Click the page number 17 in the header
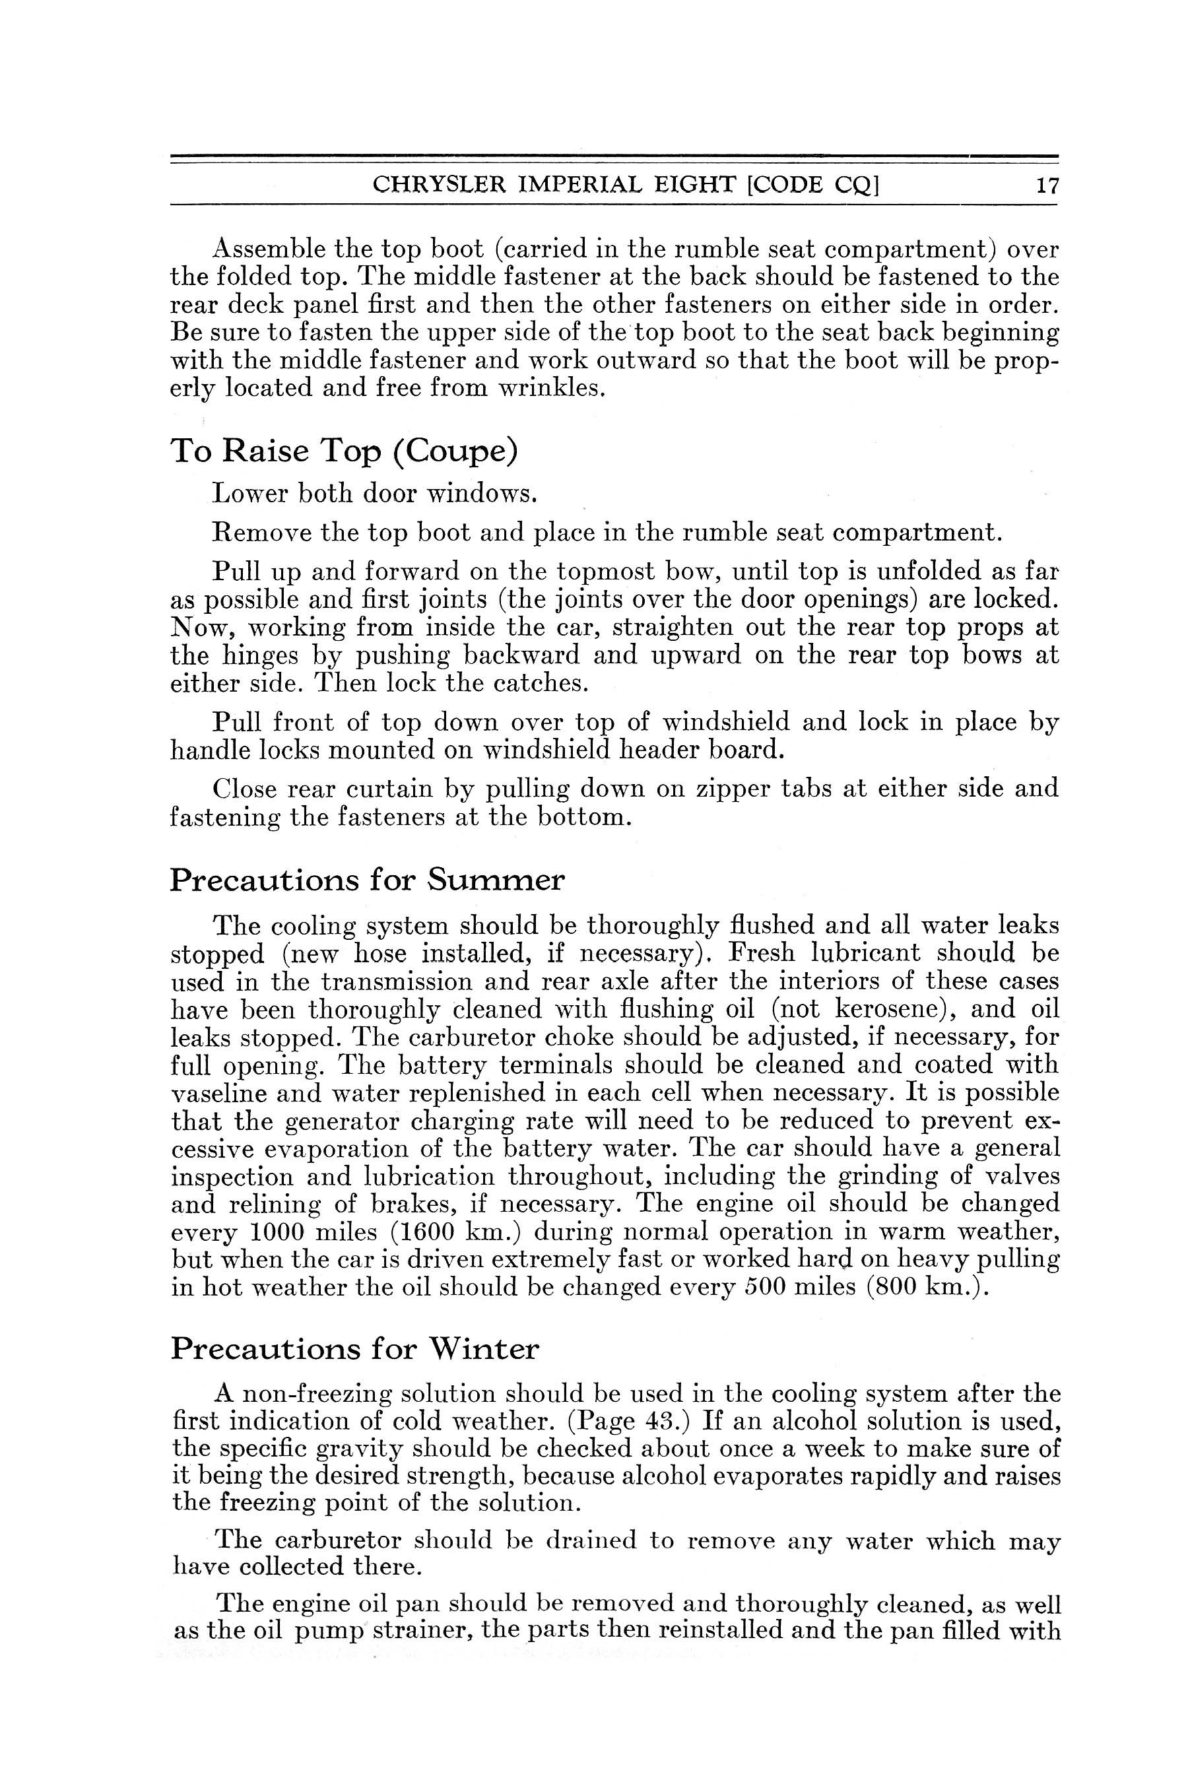tap(1046, 186)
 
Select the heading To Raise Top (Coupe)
tap(345, 452)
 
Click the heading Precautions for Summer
tap(368, 880)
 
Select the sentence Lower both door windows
tap(375, 494)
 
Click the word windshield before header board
tap(547, 751)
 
